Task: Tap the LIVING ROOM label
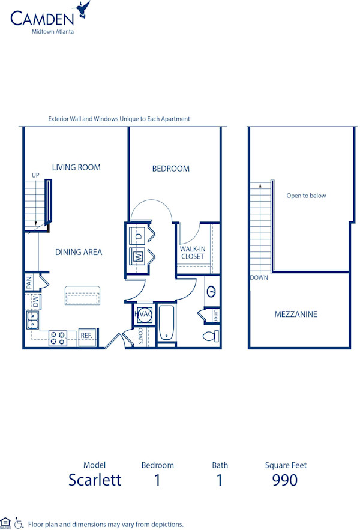pos(76,167)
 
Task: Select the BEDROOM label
pos(170,169)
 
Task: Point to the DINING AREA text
pos(79,252)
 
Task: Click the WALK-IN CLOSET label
pos(192,253)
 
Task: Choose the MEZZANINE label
pos(296,314)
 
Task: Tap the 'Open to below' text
pos(306,196)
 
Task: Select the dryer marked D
pos(137,236)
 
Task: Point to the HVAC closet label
pos(144,313)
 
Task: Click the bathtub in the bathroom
pos(166,324)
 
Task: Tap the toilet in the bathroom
pos(210,336)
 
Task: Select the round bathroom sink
pos(212,292)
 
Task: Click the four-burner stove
pos(58,339)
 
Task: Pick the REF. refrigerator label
pos(88,336)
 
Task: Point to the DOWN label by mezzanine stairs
pos(259,277)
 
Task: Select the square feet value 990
pos(284,480)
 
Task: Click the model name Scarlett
pos(95,480)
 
